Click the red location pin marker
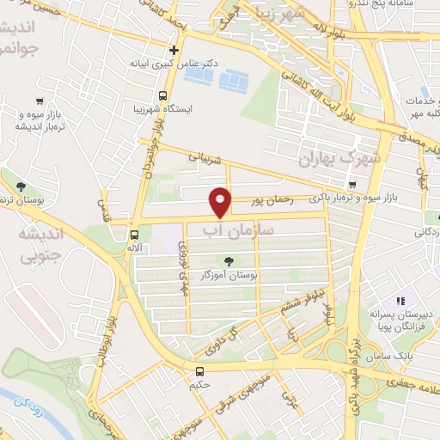pos(222,201)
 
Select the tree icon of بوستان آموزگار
pos(228,262)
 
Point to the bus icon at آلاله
pos(134,234)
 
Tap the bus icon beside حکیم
pos(200,372)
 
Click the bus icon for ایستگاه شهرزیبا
pos(163,96)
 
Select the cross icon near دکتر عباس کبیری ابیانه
pos(174,51)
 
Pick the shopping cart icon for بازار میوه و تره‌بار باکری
pos(351,185)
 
